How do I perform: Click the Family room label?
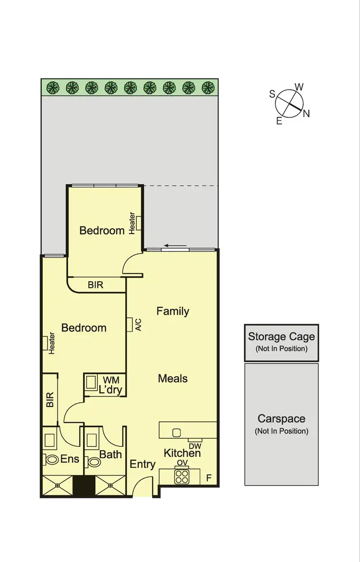[173, 311]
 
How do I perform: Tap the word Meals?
[173, 378]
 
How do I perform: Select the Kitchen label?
[182, 453]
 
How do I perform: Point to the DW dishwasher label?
[195, 446]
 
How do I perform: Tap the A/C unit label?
[138, 325]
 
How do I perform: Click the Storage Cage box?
[281, 342]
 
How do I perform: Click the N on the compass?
[306, 114]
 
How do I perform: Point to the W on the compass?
[299, 87]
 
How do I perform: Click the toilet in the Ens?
[50, 459]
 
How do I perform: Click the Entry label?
[143, 464]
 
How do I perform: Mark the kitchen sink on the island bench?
[177, 432]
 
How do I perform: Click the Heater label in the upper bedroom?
[132, 223]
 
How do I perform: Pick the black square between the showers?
[82, 486]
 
